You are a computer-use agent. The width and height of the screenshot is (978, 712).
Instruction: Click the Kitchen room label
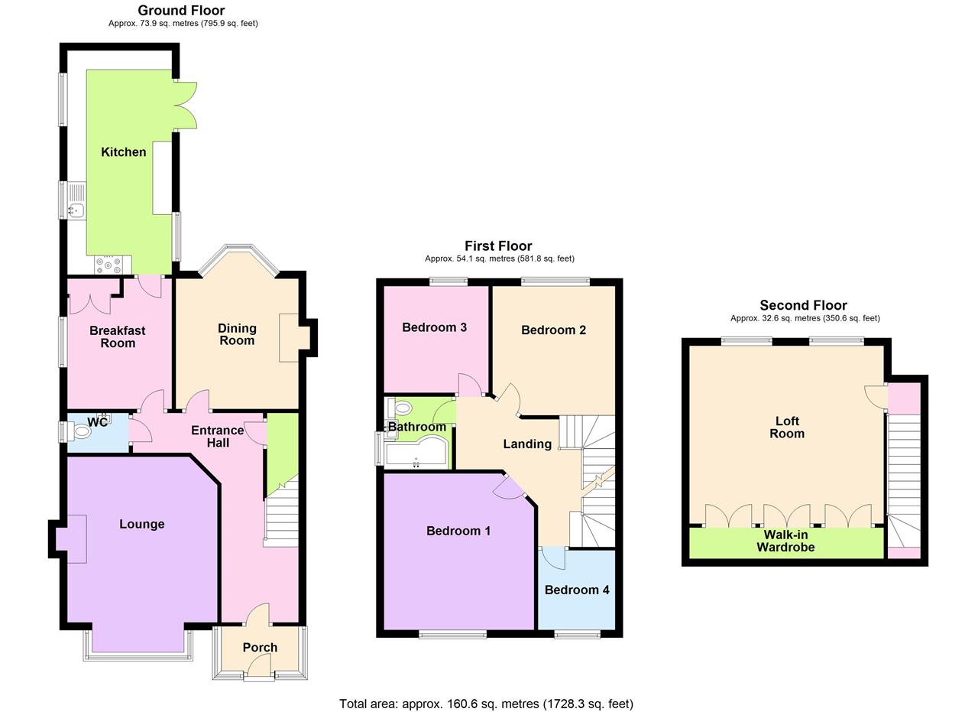click(x=123, y=152)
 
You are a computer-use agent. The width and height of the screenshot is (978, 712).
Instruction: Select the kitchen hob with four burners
click(x=108, y=265)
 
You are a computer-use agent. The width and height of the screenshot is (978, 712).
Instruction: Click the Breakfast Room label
click(x=117, y=336)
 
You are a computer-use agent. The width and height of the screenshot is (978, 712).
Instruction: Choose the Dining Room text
click(x=237, y=334)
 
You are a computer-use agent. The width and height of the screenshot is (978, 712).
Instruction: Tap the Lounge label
click(x=142, y=524)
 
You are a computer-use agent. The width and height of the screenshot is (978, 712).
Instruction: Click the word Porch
click(x=260, y=647)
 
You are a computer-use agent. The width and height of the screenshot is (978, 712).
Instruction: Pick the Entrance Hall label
click(x=217, y=436)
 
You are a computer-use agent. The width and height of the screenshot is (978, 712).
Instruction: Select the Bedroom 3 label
click(x=434, y=327)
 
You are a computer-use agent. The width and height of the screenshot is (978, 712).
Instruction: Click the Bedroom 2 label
click(x=553, y=330)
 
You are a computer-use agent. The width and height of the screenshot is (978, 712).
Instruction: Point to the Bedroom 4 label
click(x=577, y=590)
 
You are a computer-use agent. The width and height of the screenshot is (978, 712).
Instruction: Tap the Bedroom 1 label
click(x=458, y=531)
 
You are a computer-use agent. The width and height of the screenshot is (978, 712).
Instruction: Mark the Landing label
click(x=527, y=444)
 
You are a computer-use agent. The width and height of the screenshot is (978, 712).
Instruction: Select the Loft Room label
click(x=787, y=427)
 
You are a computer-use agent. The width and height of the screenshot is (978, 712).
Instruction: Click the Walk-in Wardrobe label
click(x=785, y=541)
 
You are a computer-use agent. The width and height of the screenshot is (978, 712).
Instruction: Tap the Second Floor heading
click(x=803, y=305)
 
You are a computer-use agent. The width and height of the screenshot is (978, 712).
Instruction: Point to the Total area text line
click(x=486, y=704)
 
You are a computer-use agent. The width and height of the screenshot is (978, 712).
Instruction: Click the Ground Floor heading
click(x=181, y=10)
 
